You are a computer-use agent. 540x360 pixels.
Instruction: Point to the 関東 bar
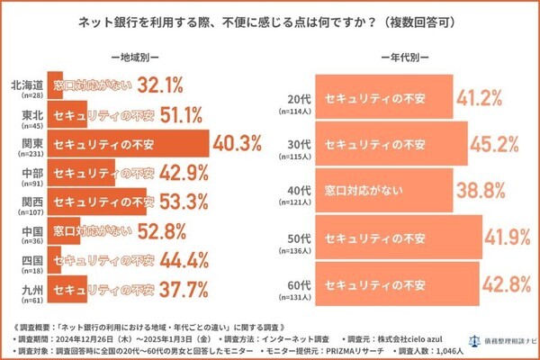(126, 143)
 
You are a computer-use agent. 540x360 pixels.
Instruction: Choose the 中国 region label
(29, 229)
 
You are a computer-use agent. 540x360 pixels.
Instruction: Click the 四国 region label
(29, 259)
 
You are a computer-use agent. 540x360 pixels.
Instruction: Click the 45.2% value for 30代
(499, 144)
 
